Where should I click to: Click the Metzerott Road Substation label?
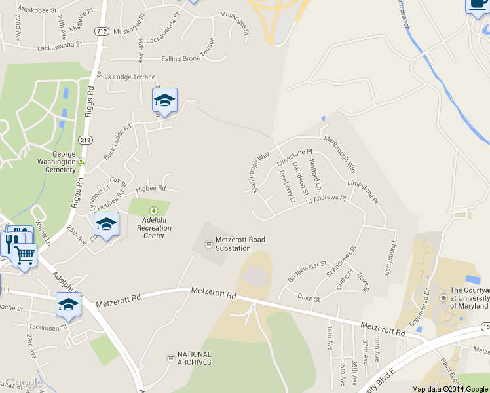(x=240, y=244)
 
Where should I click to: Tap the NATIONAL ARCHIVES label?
(x=195, y=358)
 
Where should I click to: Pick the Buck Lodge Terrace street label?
(x=126, y=77)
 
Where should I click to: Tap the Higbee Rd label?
(x=151, y=189)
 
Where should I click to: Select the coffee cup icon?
(x=478, y=5)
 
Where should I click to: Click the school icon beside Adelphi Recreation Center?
(x=106, y=224)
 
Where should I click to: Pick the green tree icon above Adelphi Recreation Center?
(x=154, y=211)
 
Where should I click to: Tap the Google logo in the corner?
(x=23, y=383)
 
